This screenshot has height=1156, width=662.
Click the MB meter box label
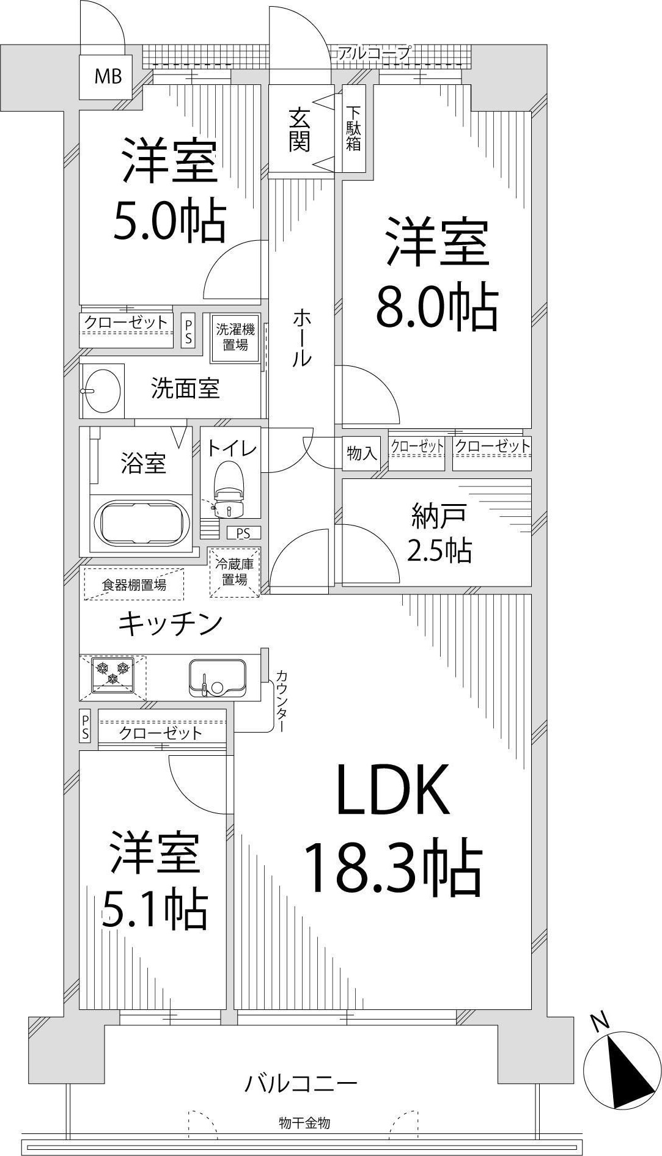click(108, 76)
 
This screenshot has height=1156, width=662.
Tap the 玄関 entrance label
click(300, 130)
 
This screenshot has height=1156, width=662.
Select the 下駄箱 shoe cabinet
click(354, 129)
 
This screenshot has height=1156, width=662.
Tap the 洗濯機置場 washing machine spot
click(235, 337)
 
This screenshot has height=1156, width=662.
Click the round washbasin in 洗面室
click(101, 391)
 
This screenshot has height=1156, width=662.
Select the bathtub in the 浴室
click(142, 524)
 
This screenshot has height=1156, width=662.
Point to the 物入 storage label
click(362, 453)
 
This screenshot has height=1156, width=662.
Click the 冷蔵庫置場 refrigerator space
click(235, 573)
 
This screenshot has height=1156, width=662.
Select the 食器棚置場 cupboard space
click(133, 585)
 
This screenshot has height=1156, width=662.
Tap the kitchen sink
click(217, 678)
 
